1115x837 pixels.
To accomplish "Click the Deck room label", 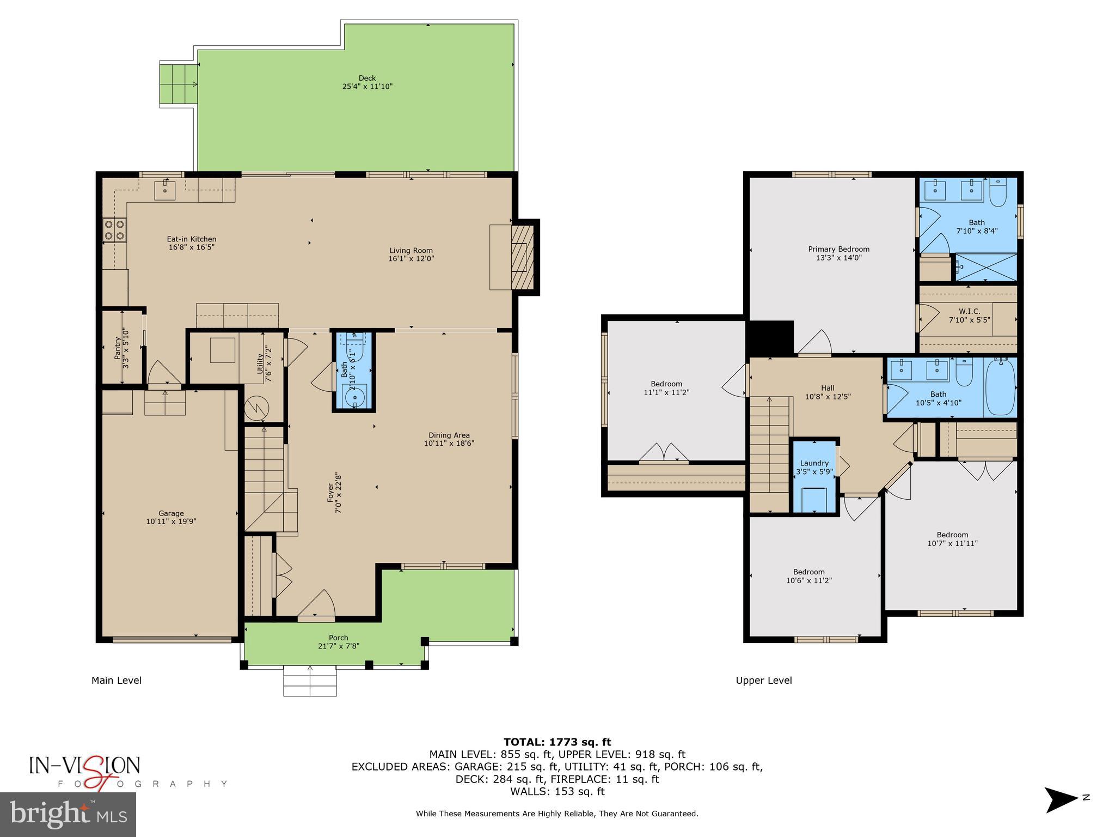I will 367,78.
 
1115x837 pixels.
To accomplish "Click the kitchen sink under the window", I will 164,190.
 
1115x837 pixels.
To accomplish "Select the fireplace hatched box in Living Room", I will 521,257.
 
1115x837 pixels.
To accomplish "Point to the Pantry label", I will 118,348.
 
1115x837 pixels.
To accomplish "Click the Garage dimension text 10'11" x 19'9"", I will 171,521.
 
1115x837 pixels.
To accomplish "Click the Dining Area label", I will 449,435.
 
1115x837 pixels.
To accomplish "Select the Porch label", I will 338,638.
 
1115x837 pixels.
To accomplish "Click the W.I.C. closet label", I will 969,312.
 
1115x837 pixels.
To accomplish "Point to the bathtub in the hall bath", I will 1000,386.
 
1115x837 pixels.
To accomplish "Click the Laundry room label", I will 814,463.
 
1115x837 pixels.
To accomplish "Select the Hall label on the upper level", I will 828,388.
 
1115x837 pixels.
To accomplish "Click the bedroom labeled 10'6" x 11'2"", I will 808,576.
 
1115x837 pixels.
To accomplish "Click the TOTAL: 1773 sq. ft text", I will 557,742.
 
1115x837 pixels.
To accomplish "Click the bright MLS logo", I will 68,814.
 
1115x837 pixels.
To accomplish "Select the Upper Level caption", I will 763,680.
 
